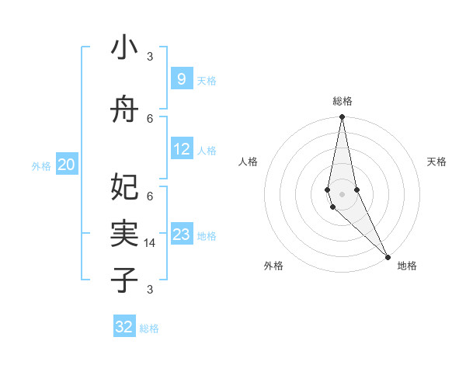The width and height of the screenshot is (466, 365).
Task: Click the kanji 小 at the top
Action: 124,48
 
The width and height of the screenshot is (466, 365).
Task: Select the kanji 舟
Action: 124,111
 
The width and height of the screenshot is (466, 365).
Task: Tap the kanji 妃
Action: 124,186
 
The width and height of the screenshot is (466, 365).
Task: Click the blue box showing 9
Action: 181,79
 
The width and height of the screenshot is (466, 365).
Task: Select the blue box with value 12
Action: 182,149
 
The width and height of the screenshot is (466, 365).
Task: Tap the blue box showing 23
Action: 182,235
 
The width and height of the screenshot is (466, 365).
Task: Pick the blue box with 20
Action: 67,164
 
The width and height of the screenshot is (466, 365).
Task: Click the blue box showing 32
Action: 124,327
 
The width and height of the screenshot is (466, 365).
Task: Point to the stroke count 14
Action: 151,243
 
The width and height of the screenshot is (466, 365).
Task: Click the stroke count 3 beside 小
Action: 150,57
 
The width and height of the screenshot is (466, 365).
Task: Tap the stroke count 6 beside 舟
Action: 150,118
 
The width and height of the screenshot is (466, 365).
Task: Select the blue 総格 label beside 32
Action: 149,328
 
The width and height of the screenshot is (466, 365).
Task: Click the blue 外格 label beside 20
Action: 41,165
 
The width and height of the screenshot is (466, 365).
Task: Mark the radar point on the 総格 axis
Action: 342,118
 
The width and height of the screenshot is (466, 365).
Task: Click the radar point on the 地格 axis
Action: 388,255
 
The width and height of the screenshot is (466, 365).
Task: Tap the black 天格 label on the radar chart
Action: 436,162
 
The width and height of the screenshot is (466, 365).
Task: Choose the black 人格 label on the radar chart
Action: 249,162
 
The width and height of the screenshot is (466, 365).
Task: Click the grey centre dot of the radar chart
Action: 342,193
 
